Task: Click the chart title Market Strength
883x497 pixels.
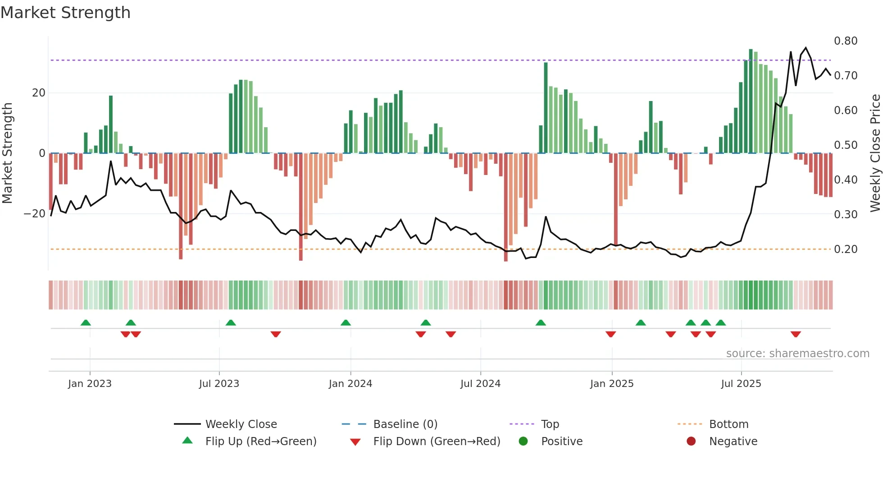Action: (x=65, y=13)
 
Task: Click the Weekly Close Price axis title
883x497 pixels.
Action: (x=875, y=153)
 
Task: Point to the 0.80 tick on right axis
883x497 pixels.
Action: (x=845, y=41)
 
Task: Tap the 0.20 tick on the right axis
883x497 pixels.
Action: (x=845, y=249)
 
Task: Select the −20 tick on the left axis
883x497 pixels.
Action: (x=35, y=214)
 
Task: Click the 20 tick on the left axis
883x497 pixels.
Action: (x=39, y=93)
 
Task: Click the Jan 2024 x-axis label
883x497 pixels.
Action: (x=350, y=384)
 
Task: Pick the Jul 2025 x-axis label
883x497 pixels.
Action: (x=741, y=384)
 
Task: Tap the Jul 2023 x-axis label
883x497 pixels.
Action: (x=219, y=384)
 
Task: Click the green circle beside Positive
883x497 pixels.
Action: (x=523, y=442)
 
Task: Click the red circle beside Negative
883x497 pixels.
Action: (x=691, y=442)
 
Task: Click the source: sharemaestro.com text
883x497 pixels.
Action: (x=797, y=354)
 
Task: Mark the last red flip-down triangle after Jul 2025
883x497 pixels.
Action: (x=796, y=334)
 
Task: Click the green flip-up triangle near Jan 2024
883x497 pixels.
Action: (x=346, y=322)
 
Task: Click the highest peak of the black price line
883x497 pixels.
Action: (x=806, y=47)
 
